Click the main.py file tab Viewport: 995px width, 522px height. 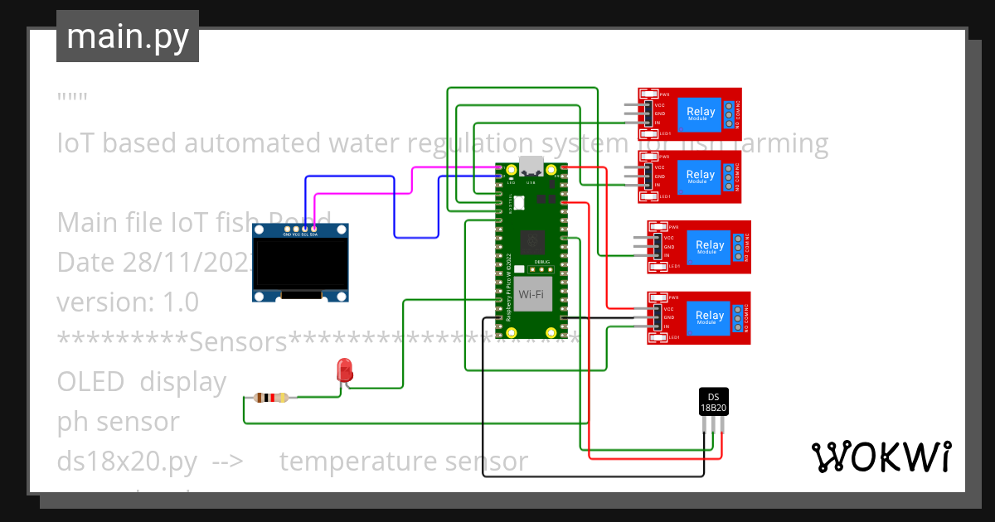coord(127,36)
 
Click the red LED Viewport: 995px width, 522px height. coord(344,371)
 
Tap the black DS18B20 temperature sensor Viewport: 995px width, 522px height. coord(713,402)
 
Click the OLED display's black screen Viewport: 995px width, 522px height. coord(300,264)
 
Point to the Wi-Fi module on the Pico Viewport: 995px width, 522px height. coord(531,294)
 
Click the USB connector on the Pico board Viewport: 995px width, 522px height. coord(531,166)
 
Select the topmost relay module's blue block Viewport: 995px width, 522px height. coord(700,114)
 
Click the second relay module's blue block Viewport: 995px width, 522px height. coord(700,176)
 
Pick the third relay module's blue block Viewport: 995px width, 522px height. coord(710,246)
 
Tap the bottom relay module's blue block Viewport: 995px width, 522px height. coord(710,317)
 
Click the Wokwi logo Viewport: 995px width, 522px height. coord(881,457)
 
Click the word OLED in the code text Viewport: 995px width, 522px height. coord(90,382)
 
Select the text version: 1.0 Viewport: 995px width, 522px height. coord(128,302)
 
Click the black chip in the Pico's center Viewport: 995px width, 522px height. coord(531,242)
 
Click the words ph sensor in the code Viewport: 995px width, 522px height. coord(118,422)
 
